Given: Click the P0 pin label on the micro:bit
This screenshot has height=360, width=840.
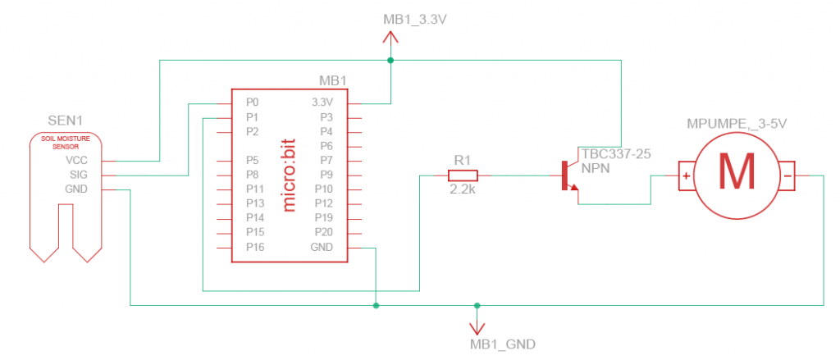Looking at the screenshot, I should point(252,103).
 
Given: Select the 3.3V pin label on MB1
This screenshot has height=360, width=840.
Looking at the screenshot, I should point(322,103).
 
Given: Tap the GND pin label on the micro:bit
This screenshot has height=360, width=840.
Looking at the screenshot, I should point(322,248).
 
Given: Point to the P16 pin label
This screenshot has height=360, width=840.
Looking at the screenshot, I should point(254,248).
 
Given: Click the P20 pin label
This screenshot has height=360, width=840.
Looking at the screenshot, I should point(325,233).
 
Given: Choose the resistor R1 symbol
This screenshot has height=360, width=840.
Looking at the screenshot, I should point(464,175).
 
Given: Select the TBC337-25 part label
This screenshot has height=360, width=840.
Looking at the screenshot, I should point(612,153).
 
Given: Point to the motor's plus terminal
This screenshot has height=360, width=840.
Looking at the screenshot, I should point(686,175).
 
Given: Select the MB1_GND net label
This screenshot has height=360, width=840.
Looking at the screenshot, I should point(503,343).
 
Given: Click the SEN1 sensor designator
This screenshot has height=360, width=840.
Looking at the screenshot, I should point(64,121).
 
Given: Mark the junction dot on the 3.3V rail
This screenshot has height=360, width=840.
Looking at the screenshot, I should point(390,61).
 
